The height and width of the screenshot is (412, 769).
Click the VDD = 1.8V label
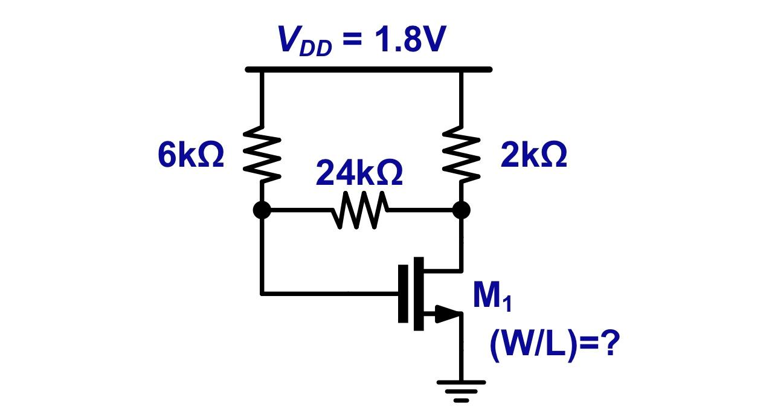click(x=361, y=40)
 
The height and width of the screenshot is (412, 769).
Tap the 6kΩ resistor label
click(x=191, y=156)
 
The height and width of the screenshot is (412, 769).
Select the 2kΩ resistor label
click(x=533, y=156)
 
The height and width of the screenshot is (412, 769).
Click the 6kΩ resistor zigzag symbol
click(x=262, y=154)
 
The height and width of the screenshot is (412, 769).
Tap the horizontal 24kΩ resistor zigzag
click(x=361, y=210)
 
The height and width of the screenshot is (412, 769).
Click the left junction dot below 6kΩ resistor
click(x=262, y=210)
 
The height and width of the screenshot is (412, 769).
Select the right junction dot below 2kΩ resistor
click(x=461, y=210)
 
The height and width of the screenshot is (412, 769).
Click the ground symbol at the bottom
click(x=461, y=390)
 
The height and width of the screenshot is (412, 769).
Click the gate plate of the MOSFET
click(x=403, y=294)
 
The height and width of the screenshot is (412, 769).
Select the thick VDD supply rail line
click(x=368, y=69)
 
